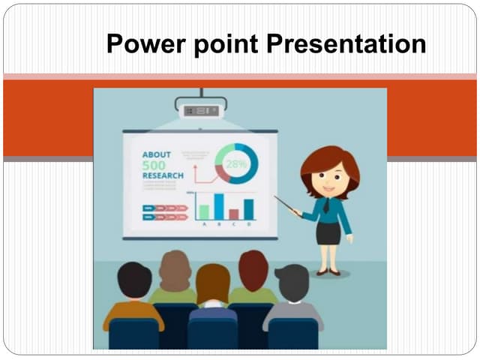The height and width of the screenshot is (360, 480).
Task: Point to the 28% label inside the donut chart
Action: [237, 163]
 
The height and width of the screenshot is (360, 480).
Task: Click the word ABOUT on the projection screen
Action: [156, 154]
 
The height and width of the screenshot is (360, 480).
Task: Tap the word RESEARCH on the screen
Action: [162, 175]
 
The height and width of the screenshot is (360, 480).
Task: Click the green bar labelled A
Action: [203, 211]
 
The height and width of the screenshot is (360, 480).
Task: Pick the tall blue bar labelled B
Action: [219, 206]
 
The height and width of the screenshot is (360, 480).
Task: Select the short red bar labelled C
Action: [234, 214]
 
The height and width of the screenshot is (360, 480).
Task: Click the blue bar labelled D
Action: [249, 208]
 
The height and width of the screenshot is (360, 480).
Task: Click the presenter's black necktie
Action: [326, 205]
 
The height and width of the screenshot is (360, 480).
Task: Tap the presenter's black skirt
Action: [328, 232]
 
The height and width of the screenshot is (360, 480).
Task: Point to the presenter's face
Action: [331, 178]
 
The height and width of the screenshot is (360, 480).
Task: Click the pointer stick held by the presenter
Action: [288, 205]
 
